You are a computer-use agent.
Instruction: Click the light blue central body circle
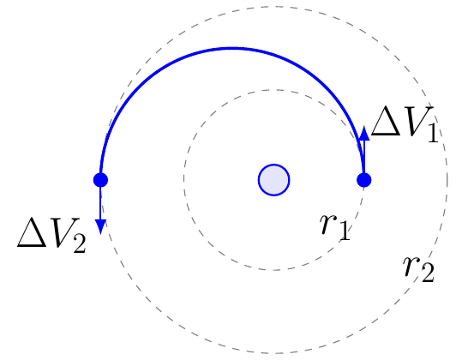273,180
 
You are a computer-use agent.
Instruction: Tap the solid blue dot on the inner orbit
363,180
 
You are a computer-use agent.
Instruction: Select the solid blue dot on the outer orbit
100,180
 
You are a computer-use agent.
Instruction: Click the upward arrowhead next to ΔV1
363,134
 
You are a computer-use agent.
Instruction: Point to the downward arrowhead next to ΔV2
100,226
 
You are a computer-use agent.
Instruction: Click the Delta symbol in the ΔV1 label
386,121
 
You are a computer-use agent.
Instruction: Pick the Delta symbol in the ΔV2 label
32,232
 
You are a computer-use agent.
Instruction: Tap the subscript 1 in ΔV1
433,132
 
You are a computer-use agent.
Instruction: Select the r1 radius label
335,227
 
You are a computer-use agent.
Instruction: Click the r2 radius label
418,269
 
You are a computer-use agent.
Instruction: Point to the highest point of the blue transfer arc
232,48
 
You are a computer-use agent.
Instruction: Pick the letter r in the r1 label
327,225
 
